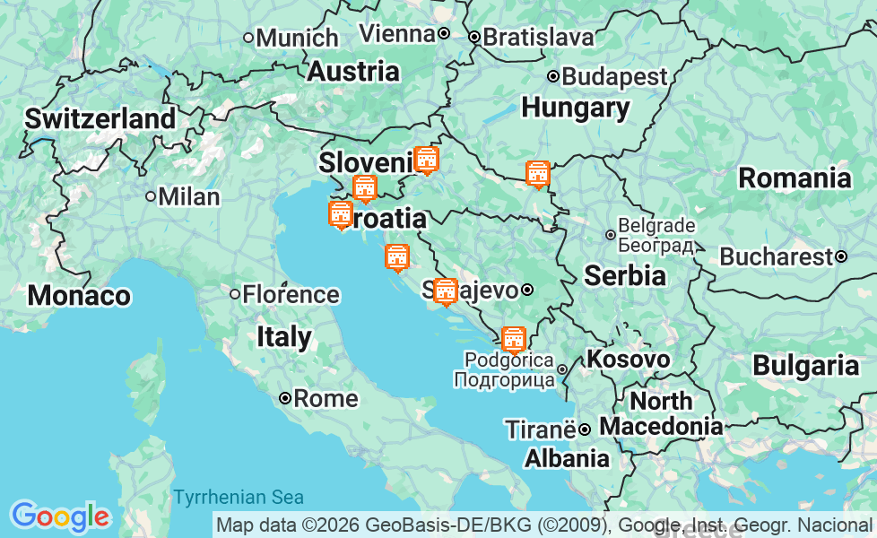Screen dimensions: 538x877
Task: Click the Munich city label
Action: point(297,38)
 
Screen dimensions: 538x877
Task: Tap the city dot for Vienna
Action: point(443,33)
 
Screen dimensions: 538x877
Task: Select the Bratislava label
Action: point(538,37)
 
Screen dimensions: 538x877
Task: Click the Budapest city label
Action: point(614,76)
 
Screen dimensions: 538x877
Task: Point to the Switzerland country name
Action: point(100,118)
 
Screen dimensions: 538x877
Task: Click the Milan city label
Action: point(188,196)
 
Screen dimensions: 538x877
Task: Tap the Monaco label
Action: point(79,295)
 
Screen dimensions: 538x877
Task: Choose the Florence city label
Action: point(291,294)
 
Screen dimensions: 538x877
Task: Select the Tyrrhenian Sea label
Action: point(239,497)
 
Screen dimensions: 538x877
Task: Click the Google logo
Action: point(59,516)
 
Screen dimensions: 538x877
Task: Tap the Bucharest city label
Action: point(776,256)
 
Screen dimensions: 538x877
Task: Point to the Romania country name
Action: point(794,178)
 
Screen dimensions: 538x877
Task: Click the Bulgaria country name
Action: point(805,365)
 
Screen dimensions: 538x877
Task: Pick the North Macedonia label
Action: point(661,413)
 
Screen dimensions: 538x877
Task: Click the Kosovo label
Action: point(628,360)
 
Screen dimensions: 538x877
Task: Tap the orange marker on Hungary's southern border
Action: point(537,174)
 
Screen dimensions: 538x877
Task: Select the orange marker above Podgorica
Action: point(513,339)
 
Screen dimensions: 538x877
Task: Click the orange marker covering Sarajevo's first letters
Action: point(445,291)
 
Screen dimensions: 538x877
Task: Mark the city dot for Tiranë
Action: point(584,430)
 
